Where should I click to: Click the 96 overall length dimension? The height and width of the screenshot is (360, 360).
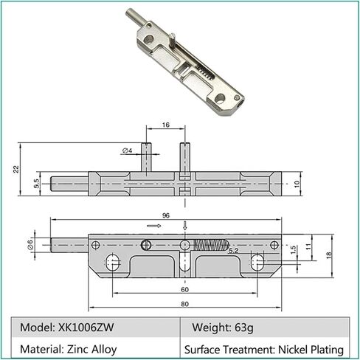[x=166, y=215]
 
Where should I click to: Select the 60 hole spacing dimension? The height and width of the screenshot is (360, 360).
[x=184, y=289]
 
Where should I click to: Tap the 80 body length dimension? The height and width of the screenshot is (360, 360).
[x=184, y=304]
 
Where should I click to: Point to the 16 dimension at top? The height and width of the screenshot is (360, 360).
[x=166, y=125]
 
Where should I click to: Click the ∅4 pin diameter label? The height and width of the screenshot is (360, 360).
[x=127, y=150]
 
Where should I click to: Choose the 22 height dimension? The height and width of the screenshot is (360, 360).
[x=16, y=169]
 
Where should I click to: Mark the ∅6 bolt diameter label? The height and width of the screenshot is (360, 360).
[x=30, y=245]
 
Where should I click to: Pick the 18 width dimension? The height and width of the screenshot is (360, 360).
[x=329, y=255]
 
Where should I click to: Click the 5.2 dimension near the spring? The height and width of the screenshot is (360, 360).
[x=233, y=251]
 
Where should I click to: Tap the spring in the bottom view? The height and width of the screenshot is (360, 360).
[x=211, y=245]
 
